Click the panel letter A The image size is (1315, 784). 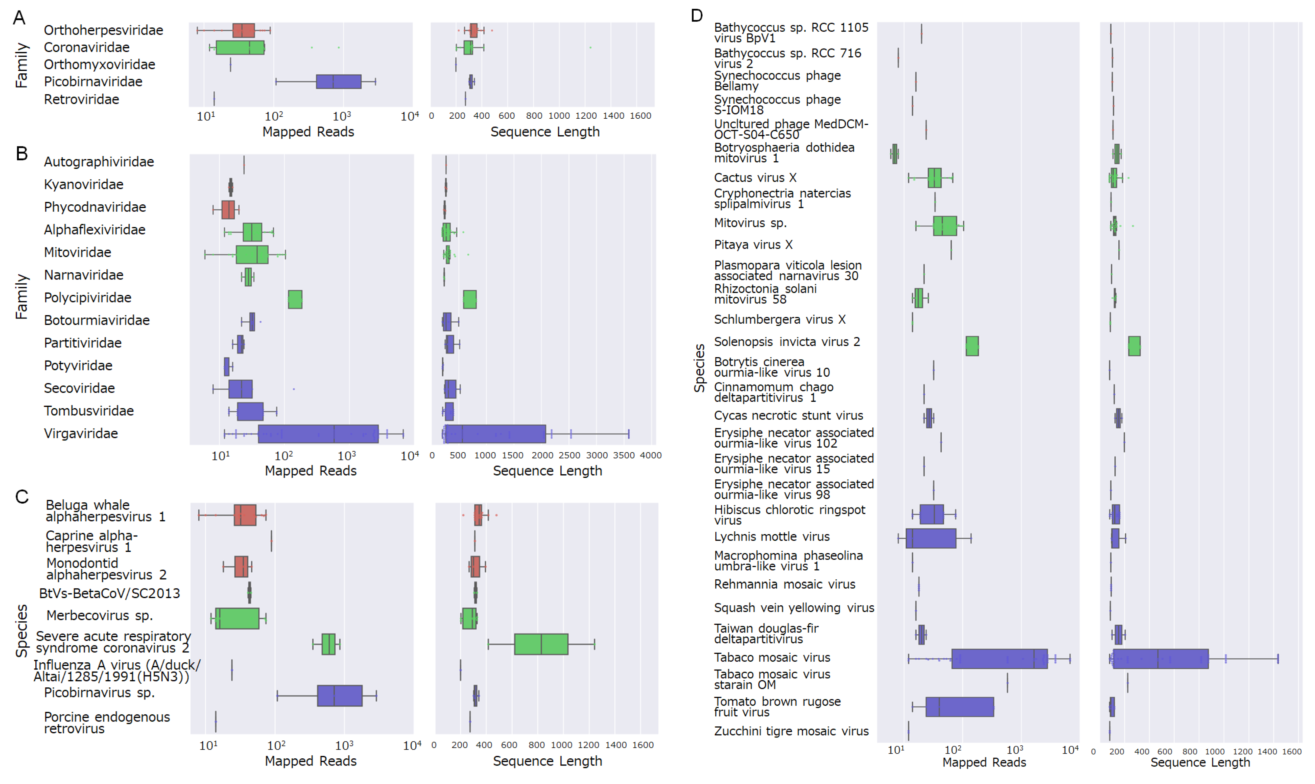(x=19, y=18)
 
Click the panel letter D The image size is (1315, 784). (x=697, y=16)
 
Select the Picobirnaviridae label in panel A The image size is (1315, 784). (x=93, y=82)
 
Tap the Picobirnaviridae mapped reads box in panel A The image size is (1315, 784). (x=338, y=82)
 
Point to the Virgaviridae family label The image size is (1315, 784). (x=81, y=434)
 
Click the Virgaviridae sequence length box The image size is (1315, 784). (x=495, y=434)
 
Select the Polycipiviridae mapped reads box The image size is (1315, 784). (x=295, y=299)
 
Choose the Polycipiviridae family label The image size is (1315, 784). (x=88, y=298)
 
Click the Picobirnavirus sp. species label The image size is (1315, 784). (x=99, y=693)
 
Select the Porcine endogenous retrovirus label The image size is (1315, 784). (x=107, y=723)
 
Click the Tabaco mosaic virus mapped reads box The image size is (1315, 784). (x=999, y=659)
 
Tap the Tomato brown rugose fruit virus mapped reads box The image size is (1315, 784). (x=959, y=707)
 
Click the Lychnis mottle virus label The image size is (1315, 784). (x=772, y=537)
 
